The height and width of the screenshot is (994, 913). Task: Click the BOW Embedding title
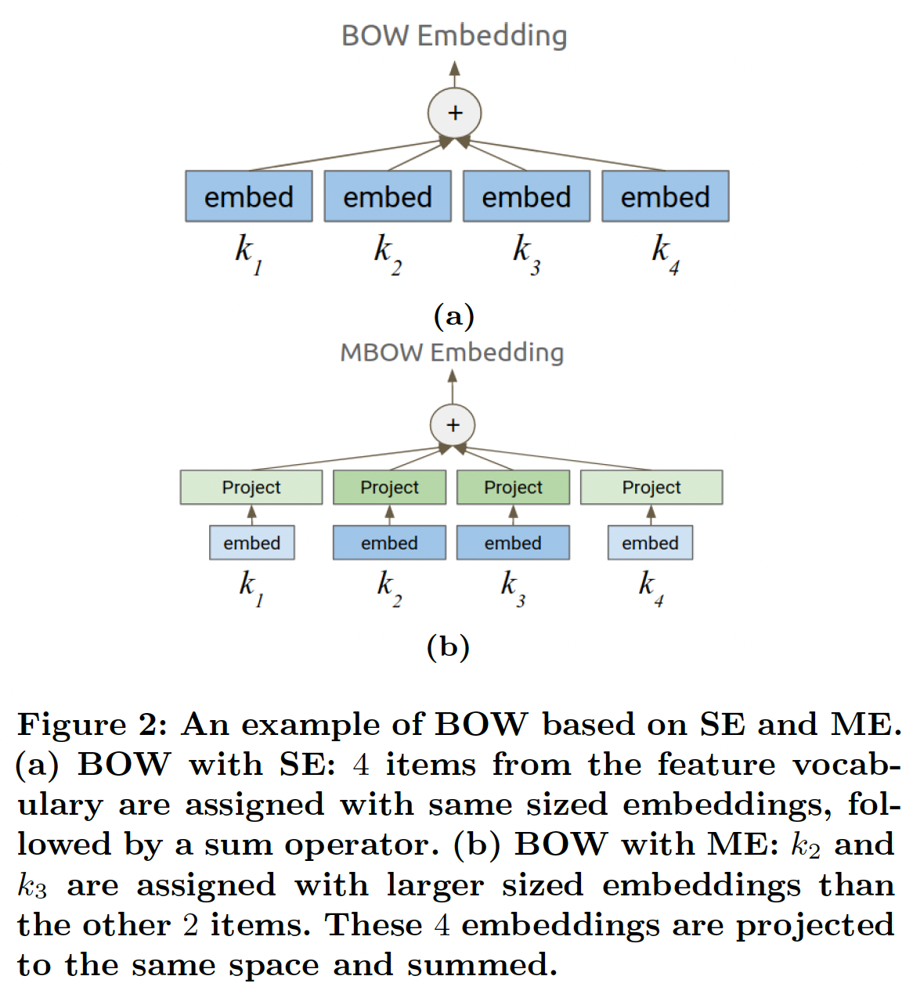[454, 36]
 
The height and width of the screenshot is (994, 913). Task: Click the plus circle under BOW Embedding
[455, 113]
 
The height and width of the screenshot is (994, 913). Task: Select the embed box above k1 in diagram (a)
[249, 196]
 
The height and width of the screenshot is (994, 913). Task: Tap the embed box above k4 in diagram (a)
[665, 196]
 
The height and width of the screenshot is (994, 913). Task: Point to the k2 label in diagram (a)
[387, 254]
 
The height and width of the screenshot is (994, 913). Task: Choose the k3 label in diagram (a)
[525, 254]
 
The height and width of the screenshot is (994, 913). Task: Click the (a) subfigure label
[454, 315]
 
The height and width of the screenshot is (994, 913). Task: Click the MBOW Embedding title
[452, 353]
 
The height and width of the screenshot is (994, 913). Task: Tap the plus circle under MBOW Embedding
[453, 426]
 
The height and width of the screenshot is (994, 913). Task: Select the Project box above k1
[251, 488]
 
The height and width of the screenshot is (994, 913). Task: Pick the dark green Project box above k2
[389, 488]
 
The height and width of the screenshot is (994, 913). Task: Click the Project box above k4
[651, 488]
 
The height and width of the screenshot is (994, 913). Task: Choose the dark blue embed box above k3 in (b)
[513, 543]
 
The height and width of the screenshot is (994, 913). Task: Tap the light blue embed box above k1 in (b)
[251, 543]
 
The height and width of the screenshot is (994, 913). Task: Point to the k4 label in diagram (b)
[650, 587]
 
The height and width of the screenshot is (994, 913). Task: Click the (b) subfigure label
[448, 646]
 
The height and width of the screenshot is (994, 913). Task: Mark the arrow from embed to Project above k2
[389, 515]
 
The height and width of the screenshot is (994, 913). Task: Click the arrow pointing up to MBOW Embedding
[453, 386]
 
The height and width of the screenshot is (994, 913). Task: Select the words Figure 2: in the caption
[92, 725]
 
